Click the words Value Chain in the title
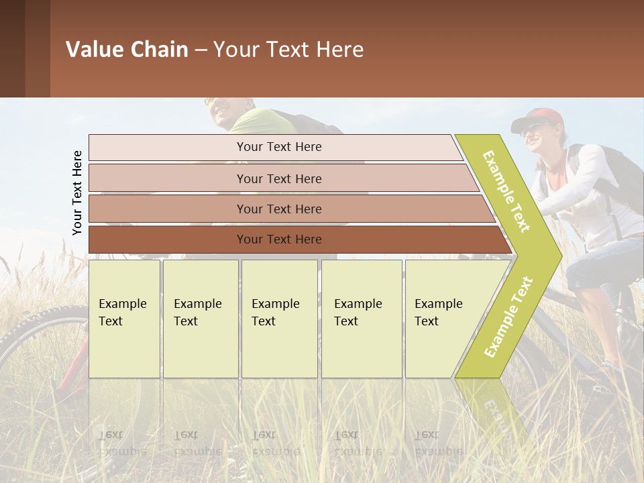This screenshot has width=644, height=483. [127, 50]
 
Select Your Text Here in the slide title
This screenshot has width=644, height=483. [288, 50]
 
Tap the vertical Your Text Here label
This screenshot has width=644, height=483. [77, 193]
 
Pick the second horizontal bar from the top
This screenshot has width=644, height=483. [278, 178]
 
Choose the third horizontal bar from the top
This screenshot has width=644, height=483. [278, 209]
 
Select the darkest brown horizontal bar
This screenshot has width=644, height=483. [278, 239]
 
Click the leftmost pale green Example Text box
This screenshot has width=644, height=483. [124, 319]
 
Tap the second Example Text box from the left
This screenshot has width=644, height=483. [200, 319]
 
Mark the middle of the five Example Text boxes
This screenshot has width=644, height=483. [279, 319]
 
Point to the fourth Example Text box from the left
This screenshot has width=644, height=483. [362, 319]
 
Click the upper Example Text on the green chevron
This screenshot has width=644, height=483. [506, 191]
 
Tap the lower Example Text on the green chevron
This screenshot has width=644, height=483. [508, 317]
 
